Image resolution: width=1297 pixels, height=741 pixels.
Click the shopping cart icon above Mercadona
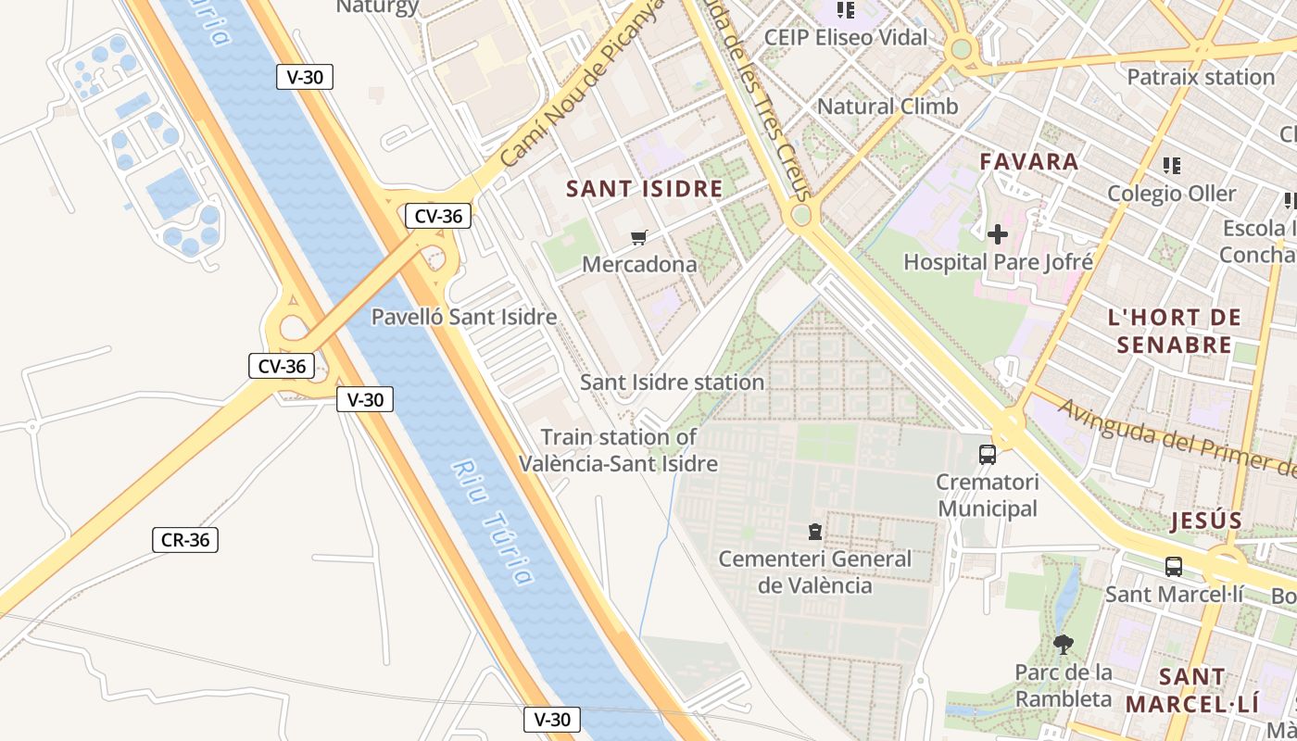point(638,238)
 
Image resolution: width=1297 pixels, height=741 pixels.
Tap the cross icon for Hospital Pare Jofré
point(997,234)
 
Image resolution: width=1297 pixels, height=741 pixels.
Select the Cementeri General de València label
point(815,572)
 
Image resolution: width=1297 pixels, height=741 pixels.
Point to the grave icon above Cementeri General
point(814,532)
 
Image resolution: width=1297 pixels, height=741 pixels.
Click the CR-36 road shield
point(185,540)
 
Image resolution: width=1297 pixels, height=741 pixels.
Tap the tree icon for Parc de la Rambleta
point(1064,644)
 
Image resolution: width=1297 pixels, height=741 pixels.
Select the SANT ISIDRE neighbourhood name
point(644,189)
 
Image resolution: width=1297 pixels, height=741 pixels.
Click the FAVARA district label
point(1029,162)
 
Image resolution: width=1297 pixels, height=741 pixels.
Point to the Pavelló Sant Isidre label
point(464,317)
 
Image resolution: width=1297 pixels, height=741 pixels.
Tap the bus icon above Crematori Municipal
point(988,455)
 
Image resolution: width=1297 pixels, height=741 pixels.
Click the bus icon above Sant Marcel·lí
point(1174,566)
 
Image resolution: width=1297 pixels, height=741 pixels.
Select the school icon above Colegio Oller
point(1172,166)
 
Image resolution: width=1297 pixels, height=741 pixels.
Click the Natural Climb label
point(887,107)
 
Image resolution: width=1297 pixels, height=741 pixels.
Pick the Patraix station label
point(1201,77)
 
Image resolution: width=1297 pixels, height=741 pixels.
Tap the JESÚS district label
point(1205,521)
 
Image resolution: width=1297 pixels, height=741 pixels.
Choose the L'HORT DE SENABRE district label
point(1174,332)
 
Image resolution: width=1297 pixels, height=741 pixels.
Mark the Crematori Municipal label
point(988,496)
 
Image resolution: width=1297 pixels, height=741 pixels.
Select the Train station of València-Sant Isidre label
point(619,450)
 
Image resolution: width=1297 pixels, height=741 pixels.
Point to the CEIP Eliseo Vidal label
point(845,38)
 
